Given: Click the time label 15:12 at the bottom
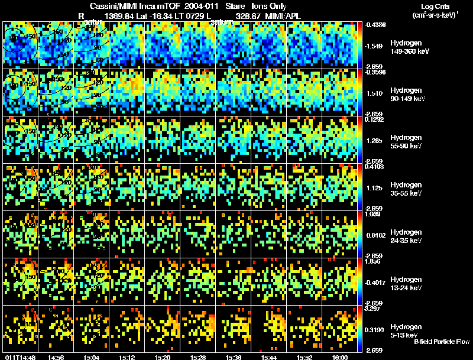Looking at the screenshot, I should pyautogui.click(x=127, y=357).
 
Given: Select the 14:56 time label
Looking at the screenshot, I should pyautogui.click(x=56, y=357).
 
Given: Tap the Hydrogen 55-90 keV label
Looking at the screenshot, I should pyautogui.click(x=406, y=142).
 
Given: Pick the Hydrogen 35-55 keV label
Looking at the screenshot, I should pyautogui.click(x=406, y=189).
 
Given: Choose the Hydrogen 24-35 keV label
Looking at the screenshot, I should pyautogui.click(x=406, y=236).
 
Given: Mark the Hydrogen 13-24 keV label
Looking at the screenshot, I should pyautogui.click(x=406, y=284).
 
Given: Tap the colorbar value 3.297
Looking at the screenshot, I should pyautogui.click(x=376, y=309).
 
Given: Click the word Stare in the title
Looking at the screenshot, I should pyautogui.click(x=235, y=7).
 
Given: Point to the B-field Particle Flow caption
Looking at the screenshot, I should pyautogui.click(x=441, y=342).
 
